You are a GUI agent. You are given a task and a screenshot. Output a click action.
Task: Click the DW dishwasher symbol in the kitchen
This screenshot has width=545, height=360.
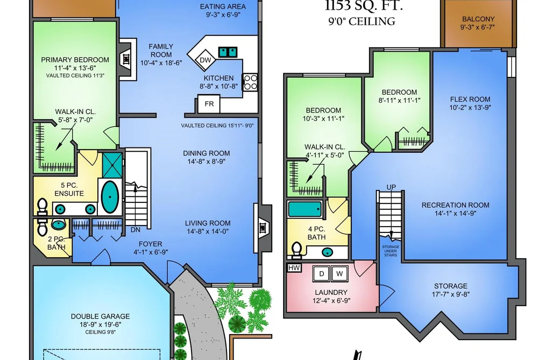pyautogui.click(x=205, y=60)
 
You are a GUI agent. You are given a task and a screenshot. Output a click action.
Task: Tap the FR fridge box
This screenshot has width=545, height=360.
pyautogui.click(x=209, y=104)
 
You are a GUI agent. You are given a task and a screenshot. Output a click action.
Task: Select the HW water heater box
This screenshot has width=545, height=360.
pyautogui.click(x=294, y=268)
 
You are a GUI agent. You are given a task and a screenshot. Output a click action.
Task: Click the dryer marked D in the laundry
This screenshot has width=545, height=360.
pyautogui.click(x=322, y=273)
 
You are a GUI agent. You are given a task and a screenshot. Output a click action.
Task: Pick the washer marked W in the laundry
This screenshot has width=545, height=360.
pyautogui.click(x=339, y=273)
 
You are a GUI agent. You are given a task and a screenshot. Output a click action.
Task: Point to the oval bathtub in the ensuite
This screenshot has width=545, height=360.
pyautogui.click(x=110, y=197)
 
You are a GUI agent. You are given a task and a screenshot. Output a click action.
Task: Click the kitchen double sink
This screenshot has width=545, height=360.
pyautogui.click(x=228, y=52)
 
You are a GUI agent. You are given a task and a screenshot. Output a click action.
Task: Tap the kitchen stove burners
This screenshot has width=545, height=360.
pyautogui.click(x=250, y=82)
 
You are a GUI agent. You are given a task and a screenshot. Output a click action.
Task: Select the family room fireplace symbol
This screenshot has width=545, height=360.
pyautogui.click(x=126, y=59)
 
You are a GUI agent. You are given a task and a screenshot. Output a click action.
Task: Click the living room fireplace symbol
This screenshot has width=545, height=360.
pyautogui.click(x=263, y=228)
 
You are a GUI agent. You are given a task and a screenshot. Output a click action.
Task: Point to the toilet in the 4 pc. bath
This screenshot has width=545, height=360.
pyautogui.click(x=296, y=250)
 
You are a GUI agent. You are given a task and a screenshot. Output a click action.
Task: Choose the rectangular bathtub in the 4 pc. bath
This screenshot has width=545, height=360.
pyautogui.click(x=305, y=209)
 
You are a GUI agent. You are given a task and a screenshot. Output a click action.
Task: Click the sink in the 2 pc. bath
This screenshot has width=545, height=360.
pyautogui.click(x=58, y=224)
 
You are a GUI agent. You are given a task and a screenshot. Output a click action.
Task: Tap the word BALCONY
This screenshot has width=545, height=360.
pyautogui.click(x=478, y=19)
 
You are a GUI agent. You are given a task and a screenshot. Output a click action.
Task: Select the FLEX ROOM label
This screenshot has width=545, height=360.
pyautogui.click(x=470, y=100)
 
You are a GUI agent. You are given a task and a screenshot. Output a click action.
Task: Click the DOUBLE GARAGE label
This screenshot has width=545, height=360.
pyautogui.click(x=100, y=316)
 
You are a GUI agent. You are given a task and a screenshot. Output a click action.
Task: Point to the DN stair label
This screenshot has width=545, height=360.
pyautogui.click(x=135, y=230)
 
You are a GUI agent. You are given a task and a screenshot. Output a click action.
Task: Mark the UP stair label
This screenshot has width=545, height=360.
pyautogui.click(x=391, y=187)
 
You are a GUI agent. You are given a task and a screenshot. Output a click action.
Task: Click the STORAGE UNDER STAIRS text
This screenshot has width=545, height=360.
pyautogui.click(x=391, y=251)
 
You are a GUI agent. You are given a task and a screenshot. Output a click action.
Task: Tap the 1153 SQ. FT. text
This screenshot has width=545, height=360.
pyautogui.click(x=364, y=6)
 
